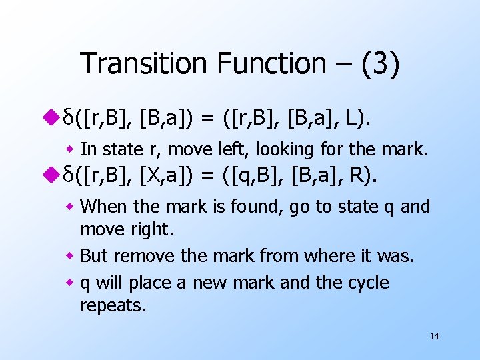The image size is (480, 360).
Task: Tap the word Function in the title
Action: coord(271,64)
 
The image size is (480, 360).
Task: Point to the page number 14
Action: coord(434,335)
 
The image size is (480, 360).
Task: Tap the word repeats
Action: coord(111,306)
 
